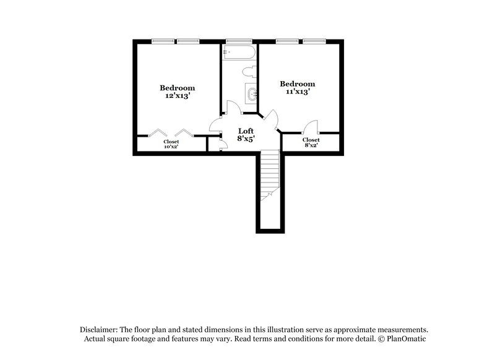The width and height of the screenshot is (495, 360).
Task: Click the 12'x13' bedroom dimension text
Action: click(x=178, y=96)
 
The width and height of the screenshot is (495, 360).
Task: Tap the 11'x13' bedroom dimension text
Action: click(x=298, y=92)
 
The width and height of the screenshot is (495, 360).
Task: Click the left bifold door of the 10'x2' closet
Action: click(x=159, y=132)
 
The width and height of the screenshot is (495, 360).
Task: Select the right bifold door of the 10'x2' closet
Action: click(x=184, y=132)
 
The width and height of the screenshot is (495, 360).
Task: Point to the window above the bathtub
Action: click(x=239, y=41)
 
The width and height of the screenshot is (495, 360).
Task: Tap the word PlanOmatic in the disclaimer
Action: click(x=408, y=340)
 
